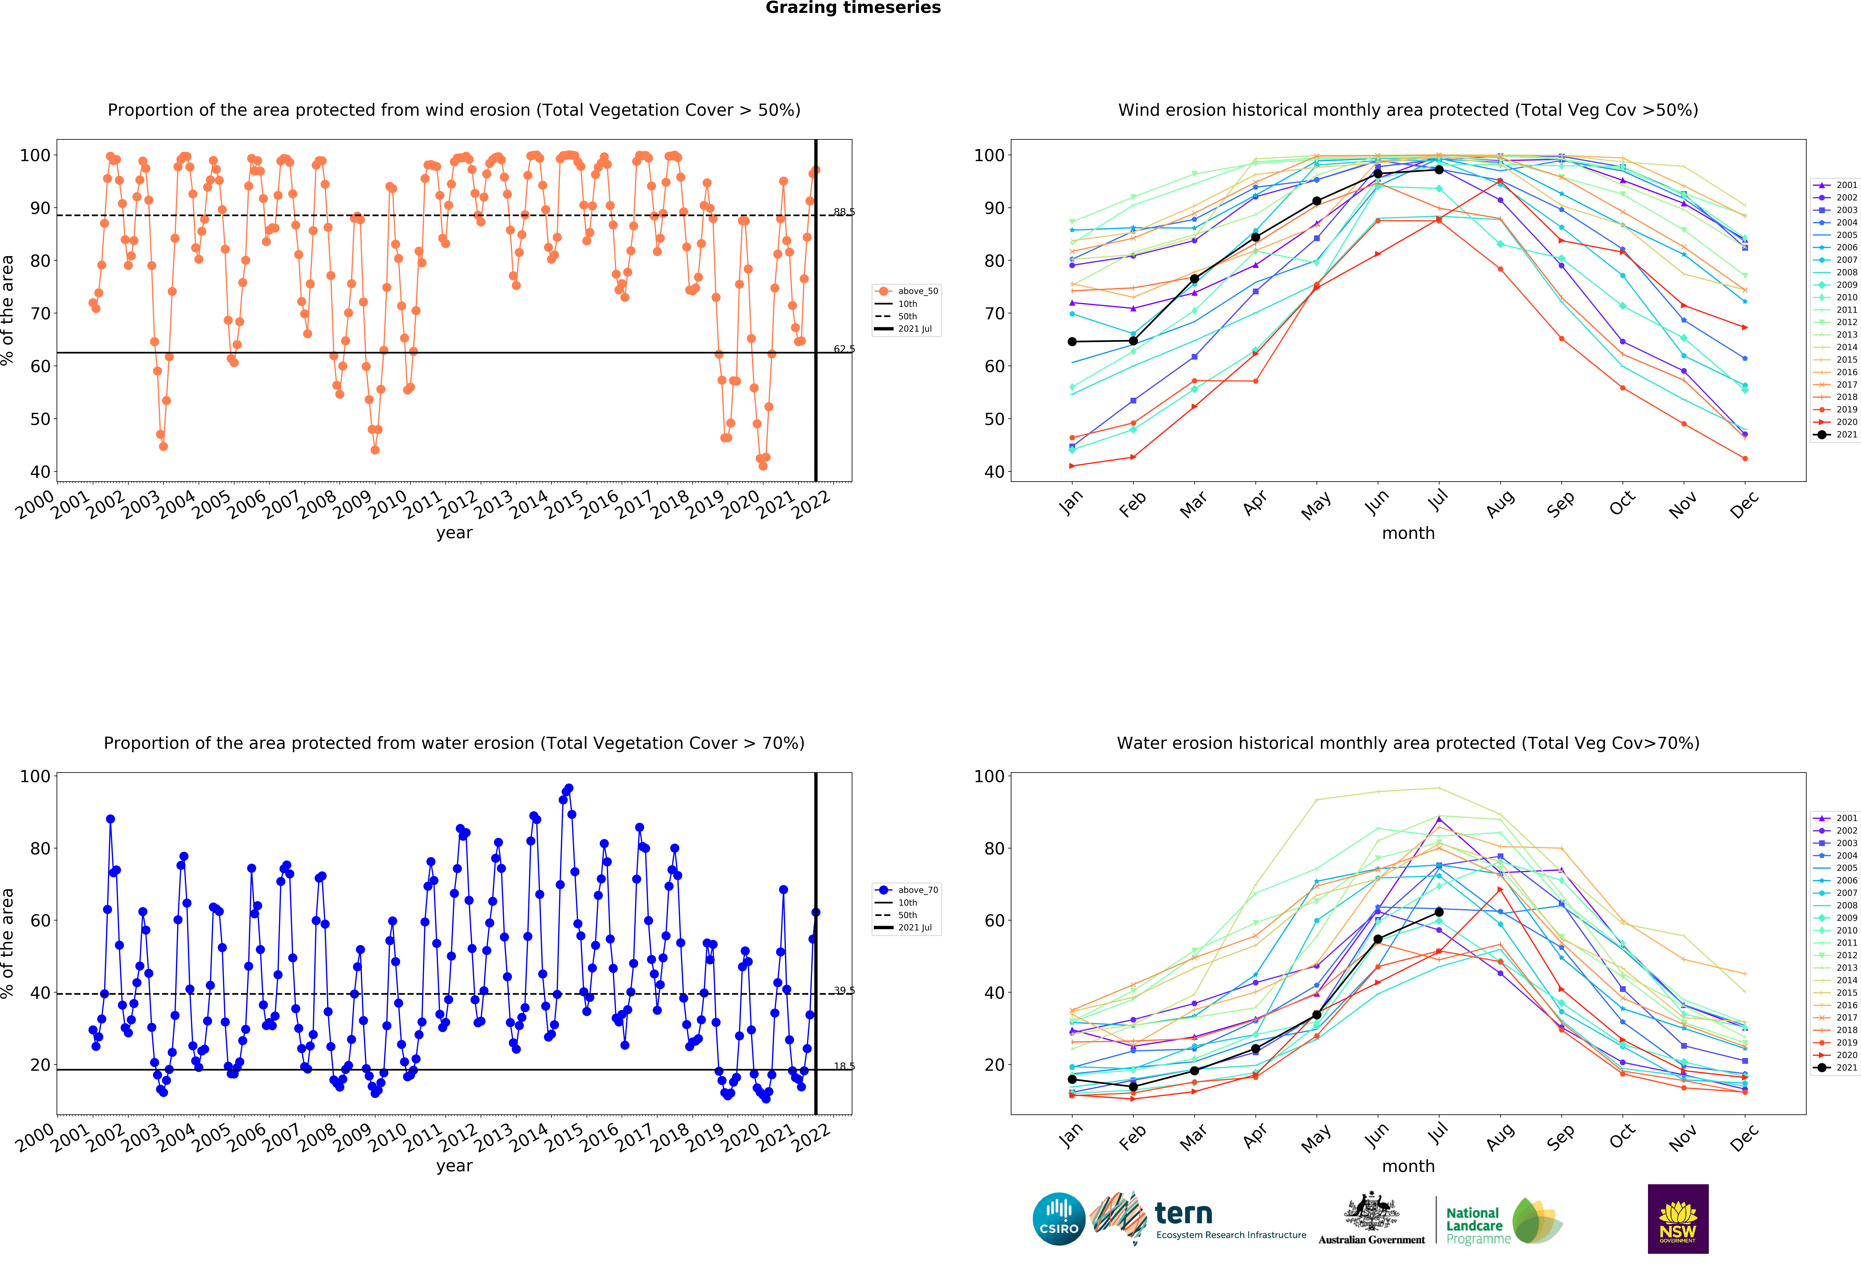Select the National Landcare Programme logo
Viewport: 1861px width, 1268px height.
(x=1504, y=1221)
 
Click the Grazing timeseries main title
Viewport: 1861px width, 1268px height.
(x=853, y=8)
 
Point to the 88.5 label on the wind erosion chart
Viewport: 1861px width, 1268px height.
(x=844, y=212)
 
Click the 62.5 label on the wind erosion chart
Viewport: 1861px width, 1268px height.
(x=844, y=349)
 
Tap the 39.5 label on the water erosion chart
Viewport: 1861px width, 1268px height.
(x=844, y=990)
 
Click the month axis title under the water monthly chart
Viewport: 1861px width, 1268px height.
(x=1408, y=1166)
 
